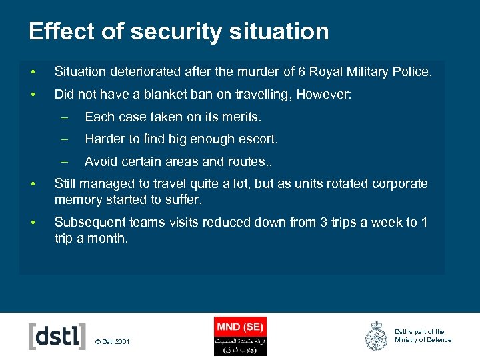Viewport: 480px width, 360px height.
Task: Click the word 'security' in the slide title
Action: coord(166,31)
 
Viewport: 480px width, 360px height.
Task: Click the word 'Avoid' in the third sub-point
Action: coord(101,161)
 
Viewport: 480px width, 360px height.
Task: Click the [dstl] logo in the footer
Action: coord(57,336)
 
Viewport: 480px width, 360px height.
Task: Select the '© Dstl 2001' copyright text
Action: coord(113,342)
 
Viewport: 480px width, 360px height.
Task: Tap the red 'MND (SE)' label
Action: coord(240,327)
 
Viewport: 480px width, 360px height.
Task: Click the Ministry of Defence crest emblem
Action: coord(377,336)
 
